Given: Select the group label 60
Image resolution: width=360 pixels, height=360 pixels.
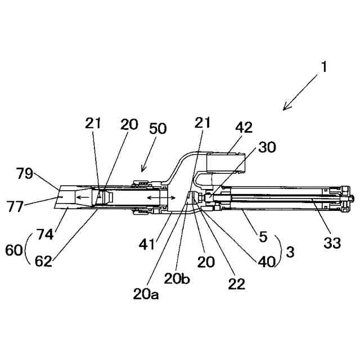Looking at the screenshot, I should (x=15, y=247).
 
